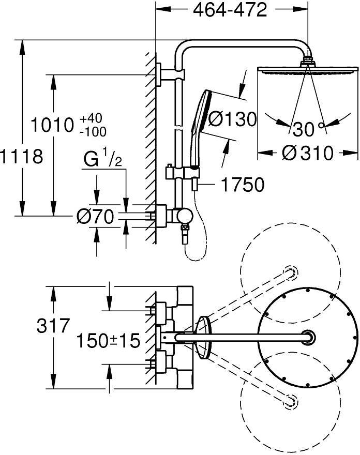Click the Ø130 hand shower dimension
(232, 119)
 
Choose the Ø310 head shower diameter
(308, 153)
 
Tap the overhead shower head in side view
(307, 70)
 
